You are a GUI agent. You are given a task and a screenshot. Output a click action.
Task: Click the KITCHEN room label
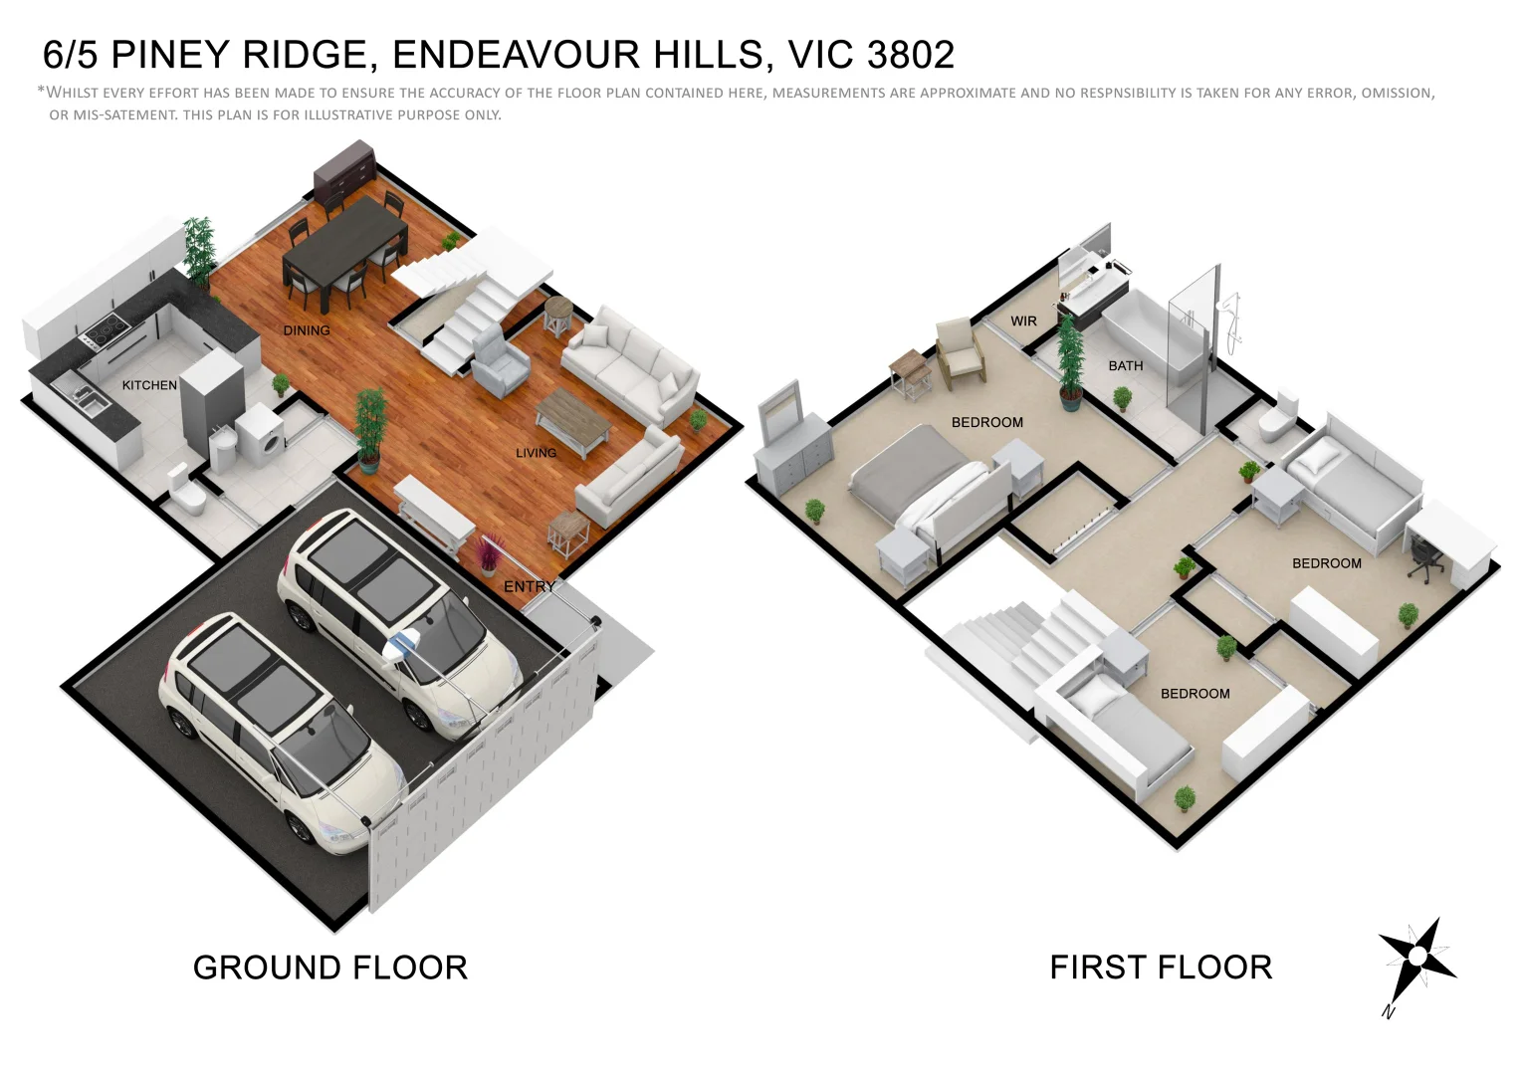pos(149,385)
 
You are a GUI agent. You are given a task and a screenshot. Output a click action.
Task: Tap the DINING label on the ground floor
pos(307,330)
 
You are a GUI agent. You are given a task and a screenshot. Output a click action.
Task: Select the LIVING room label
pos(536,453)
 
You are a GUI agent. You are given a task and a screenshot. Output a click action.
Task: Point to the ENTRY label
pos(529,586)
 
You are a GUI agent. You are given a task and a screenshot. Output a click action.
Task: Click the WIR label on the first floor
pos(1023,322)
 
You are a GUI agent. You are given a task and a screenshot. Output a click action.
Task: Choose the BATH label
pos(1126,366)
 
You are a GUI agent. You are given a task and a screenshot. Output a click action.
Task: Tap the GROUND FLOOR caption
pos(329,967)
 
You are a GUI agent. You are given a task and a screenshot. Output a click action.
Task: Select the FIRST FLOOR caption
pos(1161,967)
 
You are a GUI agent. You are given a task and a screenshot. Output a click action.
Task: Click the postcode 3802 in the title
pos(910,55)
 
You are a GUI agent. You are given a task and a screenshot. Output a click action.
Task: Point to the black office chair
pos(1425,560)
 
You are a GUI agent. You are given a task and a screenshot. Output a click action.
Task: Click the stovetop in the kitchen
pos(104,327)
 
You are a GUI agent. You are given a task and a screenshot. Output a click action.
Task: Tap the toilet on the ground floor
pos(186,490)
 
